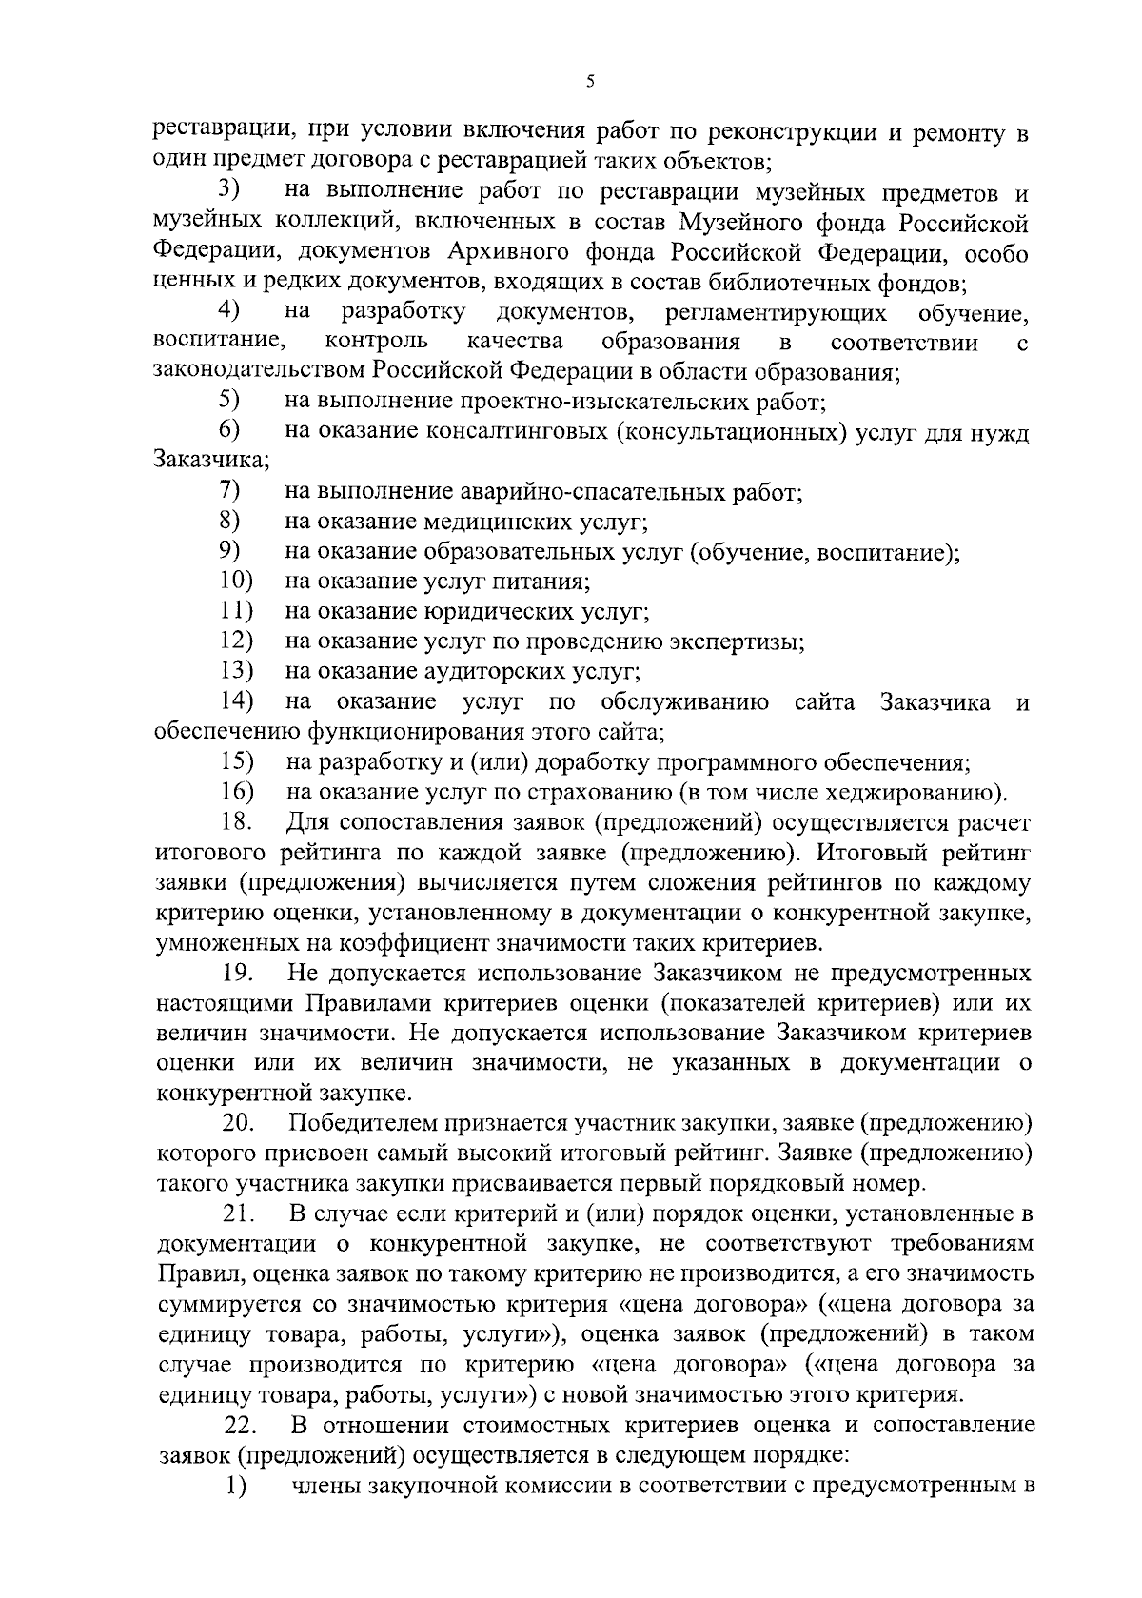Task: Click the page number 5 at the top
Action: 590,83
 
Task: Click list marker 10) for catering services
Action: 236,582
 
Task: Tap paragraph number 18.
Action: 236,822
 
